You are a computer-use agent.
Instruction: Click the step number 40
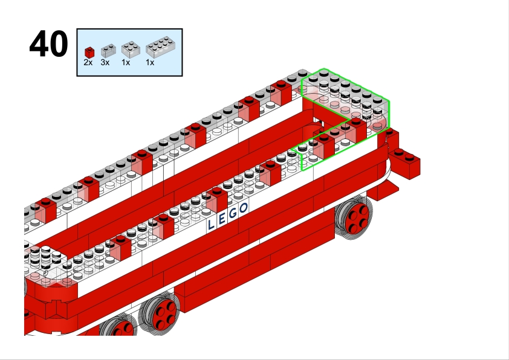pyautogui.click(x=49, y=43)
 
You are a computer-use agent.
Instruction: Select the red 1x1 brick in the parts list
pyautogui.click(x=89, y=53)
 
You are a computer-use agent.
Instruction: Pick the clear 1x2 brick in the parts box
pyautogui.click(x=108, y=51)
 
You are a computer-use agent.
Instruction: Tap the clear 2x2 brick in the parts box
pyautogui.click(x=131, y=50)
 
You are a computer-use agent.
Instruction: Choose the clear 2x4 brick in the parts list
pyautogui.click(x=160, y=47)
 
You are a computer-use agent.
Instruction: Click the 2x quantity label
pyautogui.click(x=88, y=63)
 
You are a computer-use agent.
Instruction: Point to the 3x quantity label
pyautogui.click(x=105, y=63)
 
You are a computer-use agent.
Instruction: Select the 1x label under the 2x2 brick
pyautogui.click(x=126, y=63)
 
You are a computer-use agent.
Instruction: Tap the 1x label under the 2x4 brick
pyautogui.click(x=150, y=63)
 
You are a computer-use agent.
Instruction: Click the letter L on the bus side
pyautogui.click(x=211, y=225)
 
